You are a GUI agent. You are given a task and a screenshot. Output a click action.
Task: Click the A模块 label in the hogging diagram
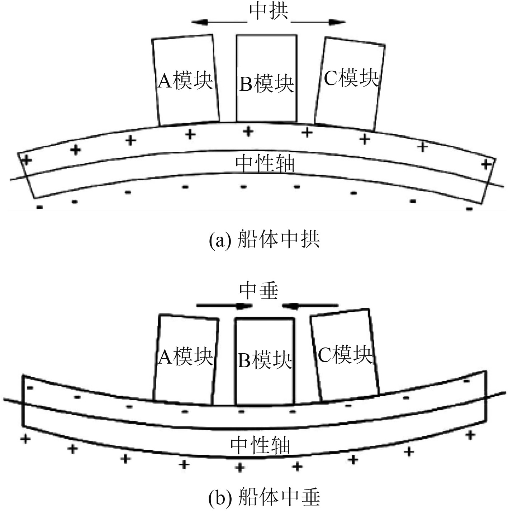185,80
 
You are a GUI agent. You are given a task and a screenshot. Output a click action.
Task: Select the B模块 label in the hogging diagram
266,85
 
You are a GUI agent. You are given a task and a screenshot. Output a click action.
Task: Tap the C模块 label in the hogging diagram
351,77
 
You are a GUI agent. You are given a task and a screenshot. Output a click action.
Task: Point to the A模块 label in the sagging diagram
185,356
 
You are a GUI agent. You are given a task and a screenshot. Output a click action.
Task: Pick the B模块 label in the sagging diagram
265,360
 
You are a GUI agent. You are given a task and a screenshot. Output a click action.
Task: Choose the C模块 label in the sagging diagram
345,355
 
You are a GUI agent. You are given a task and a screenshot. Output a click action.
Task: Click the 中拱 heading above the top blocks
269,12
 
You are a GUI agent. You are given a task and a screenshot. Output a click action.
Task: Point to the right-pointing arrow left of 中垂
224,306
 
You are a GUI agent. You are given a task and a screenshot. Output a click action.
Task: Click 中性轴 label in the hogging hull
265,164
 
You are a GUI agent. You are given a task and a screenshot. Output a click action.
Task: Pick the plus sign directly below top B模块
248,131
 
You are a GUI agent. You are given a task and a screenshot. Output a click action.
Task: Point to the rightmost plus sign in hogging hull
485,165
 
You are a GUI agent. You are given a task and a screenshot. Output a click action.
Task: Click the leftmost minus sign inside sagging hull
30,388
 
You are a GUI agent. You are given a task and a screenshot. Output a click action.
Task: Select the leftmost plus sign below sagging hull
25,439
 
